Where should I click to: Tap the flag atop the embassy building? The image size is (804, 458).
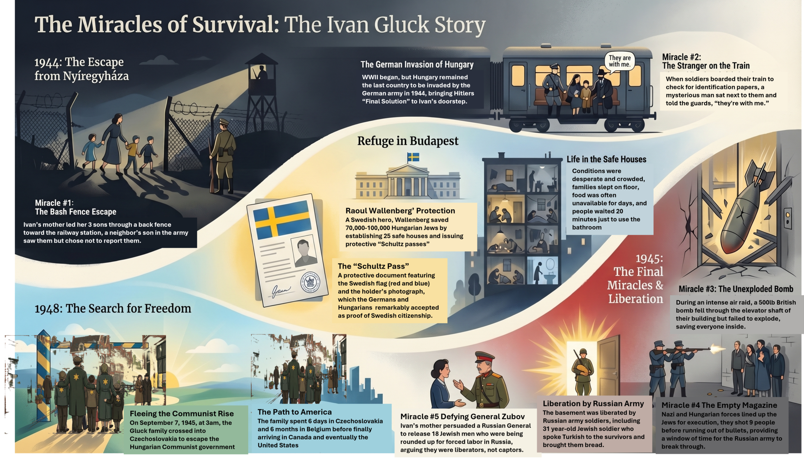pyautogui.click(x=413, y=157)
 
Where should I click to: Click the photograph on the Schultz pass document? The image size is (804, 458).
pyautogui.click(x=304, y=252)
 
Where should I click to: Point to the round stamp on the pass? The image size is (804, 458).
pyautogui.click(x=311, y=282)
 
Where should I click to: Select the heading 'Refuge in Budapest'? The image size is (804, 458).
pyautogui.click(x=408, y=141)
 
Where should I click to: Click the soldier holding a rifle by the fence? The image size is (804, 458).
pyautogui.click(x=222, y=156)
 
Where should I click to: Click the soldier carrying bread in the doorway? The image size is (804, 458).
pyautogui.click(x=583, y=371)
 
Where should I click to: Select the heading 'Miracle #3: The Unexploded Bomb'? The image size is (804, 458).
pyautogui.click(x=736, y=289)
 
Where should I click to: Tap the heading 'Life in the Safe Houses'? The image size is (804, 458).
pyautogui.click(x=606, y=159)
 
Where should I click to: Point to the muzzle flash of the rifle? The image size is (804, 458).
pyautogui.click(x=714, y=348)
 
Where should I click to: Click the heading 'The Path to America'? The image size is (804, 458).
pyautogui.click(x=295, y=412)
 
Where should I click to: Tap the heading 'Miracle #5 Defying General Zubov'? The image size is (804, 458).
pyautogui.click(x=462, y=417)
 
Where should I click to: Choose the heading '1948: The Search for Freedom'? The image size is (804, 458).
pyautogui.click(x=113, y=309)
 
